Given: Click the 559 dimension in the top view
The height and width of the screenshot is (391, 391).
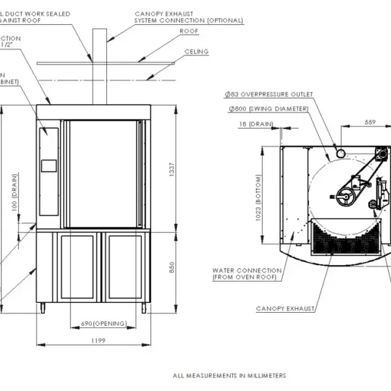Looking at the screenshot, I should [x=369, y=122].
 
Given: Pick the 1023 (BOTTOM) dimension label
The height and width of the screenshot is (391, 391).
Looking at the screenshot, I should [x=259, y=199].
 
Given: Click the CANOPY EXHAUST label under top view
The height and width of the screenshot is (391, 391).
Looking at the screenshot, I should [x=285, y=308].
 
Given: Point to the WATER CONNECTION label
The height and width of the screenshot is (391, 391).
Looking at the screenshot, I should [x=247, y=274].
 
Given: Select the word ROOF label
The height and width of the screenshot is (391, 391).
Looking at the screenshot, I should [x=189, y=31].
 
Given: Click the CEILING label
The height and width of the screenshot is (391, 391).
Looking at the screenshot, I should [x=196, y=51].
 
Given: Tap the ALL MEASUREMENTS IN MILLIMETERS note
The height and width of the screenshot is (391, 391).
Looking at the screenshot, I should [x=229, y=375].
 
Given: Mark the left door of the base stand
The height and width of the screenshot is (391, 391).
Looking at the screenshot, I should [x=77, y=266].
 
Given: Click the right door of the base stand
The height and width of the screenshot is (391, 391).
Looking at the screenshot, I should [x=124, y=266].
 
